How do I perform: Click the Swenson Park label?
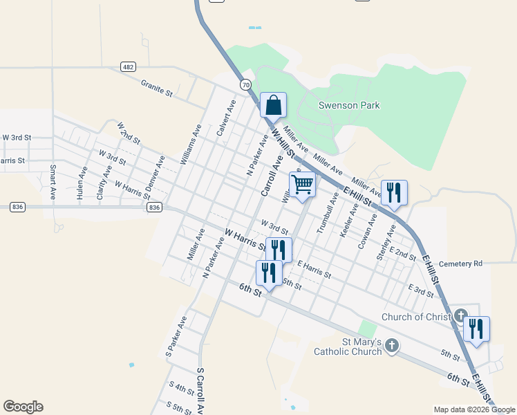[x=349, y=106]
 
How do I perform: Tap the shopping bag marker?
[x=273, y=105]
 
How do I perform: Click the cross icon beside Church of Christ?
[x=461, y=316]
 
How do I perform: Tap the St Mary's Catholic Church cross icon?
[x=392, y=345]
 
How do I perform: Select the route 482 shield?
[x=127, y=66]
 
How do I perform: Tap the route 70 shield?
[x=245, y=84]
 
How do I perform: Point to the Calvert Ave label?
[x=226, y=117]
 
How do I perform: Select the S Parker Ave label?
[x=176, y=337]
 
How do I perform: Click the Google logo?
[x=23, y=407]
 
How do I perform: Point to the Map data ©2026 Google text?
[x=474, y=409]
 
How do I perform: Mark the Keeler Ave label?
[x=349, y=220]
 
